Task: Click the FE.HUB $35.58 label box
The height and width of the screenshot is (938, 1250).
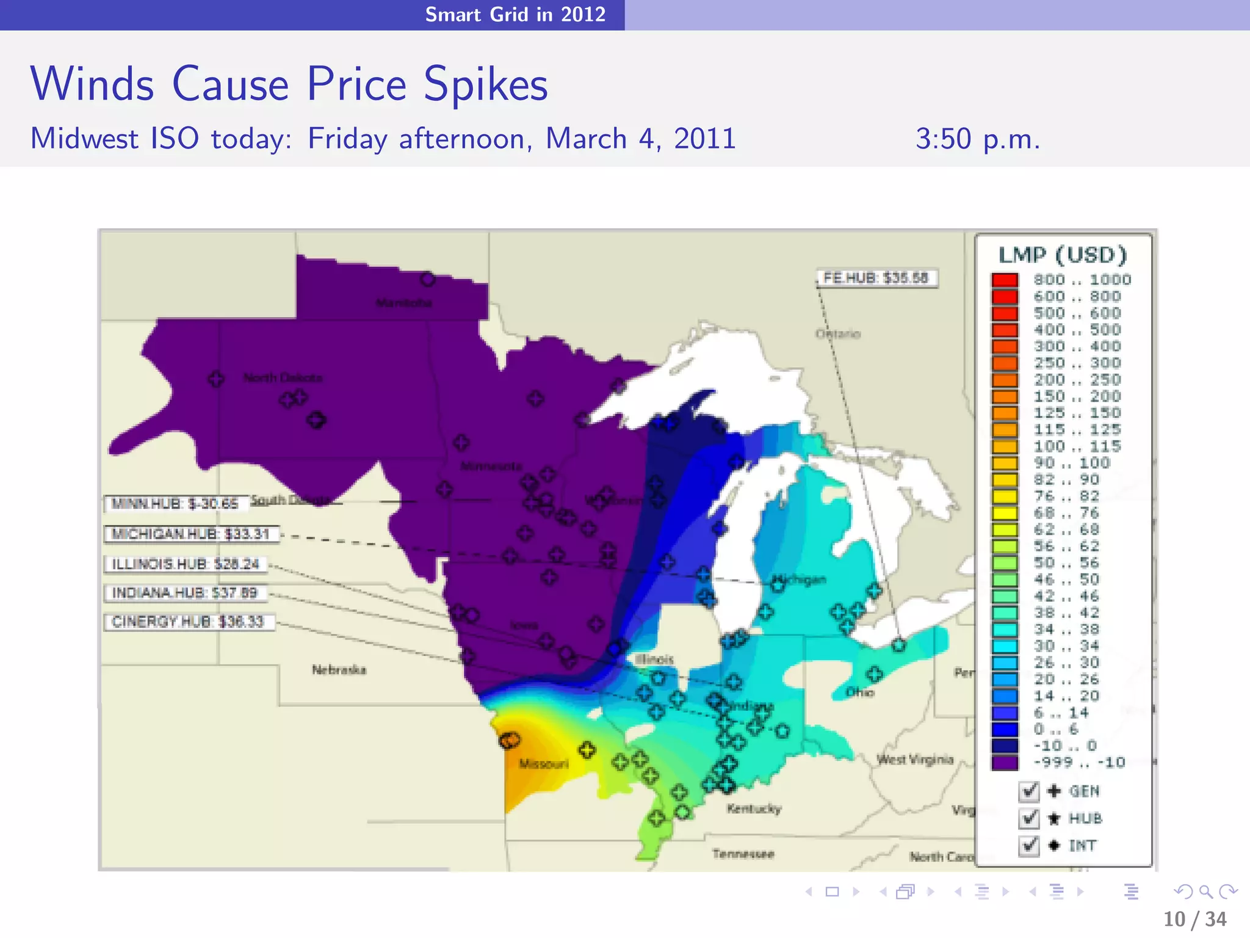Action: tap(876, 278)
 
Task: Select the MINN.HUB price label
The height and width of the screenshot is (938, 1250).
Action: tap(176, 503)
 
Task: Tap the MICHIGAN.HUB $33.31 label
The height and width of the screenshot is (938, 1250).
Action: tap(191, 534)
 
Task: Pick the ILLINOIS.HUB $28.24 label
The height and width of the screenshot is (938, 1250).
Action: tap(186, 564)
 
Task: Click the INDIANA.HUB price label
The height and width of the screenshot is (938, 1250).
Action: tap(185, 592)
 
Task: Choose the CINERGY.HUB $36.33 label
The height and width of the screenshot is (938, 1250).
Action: tap(188, 622)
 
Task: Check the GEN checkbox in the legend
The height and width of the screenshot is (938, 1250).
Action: tap(1028, 791)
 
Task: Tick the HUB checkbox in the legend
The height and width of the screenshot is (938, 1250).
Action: tap(1028, 818)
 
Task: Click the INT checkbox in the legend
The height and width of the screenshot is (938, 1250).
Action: tap(1028, 845)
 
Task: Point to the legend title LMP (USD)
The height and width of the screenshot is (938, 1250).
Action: tap(1063, 255)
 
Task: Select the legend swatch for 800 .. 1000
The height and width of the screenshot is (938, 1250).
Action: tap(1005, 280)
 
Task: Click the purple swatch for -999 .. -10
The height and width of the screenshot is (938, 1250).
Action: tap(1005, 762)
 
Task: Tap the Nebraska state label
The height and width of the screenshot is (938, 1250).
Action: tap(339, 670)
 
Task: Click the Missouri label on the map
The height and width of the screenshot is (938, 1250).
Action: tap(543, 763)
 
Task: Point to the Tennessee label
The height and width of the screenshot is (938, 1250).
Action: tap(743, 853)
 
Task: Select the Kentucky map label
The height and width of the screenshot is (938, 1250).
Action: tap(754, 809)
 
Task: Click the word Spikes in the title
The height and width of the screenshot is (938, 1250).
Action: tap(486, 84)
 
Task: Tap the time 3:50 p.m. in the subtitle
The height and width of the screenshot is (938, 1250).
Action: tap(977, 139)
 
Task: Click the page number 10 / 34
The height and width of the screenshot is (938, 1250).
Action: tap(1194, 918)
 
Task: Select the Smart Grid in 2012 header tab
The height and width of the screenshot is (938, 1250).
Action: tap(515, 14)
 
